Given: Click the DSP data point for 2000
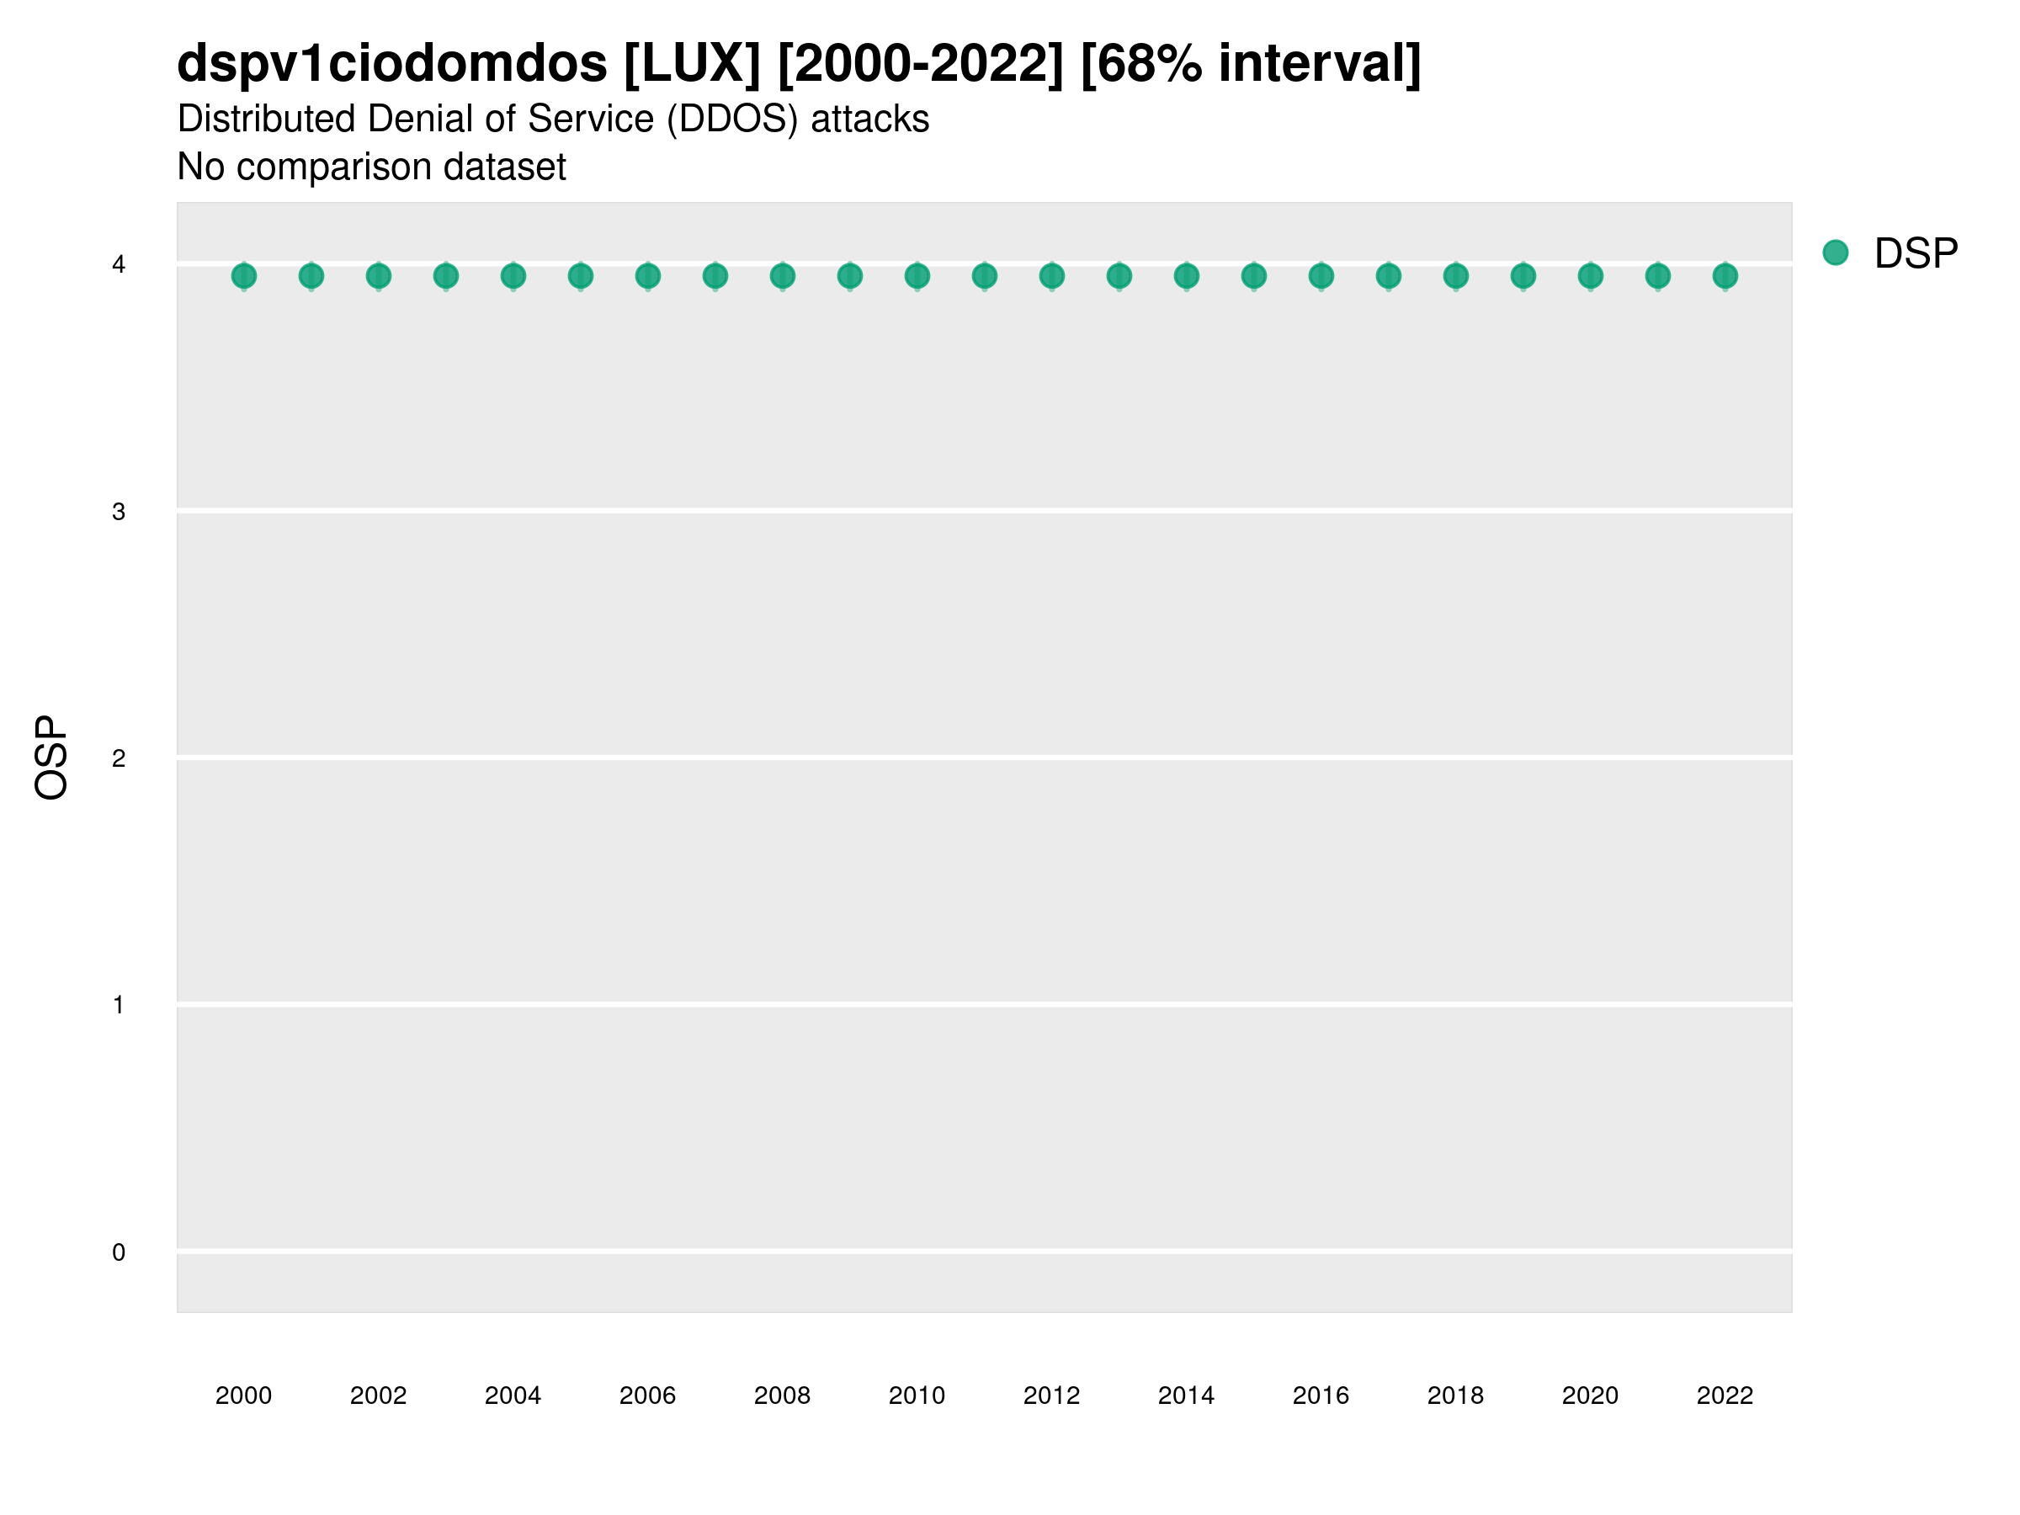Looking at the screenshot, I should click(244, 276).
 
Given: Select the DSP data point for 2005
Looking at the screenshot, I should click(581, 276).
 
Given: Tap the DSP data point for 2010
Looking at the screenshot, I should click(917, 276).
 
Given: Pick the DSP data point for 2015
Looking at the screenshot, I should click(1254, 276).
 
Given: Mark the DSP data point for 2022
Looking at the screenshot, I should click(1725, 276).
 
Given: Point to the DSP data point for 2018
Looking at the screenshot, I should click(1455, 276).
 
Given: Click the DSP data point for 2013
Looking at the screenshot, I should click(1119, 276).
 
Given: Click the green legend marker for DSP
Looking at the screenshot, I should click(1836, 253).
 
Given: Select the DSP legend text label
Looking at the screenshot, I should click(1916, 254).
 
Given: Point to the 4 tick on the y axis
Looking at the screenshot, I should click(119, 265).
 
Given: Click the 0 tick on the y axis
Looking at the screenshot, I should click(119, 1253).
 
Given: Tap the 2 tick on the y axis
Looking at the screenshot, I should click(119, 759).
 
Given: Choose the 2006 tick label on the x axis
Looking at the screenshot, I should click(647, 1395).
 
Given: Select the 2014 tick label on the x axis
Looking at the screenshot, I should click(1186, 1395).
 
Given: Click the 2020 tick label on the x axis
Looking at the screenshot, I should click(1590, 1395).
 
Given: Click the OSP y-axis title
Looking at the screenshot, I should click(52, 758).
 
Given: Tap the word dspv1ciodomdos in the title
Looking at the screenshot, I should click(391, 64).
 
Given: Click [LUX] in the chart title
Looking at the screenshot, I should click(692, 64).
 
